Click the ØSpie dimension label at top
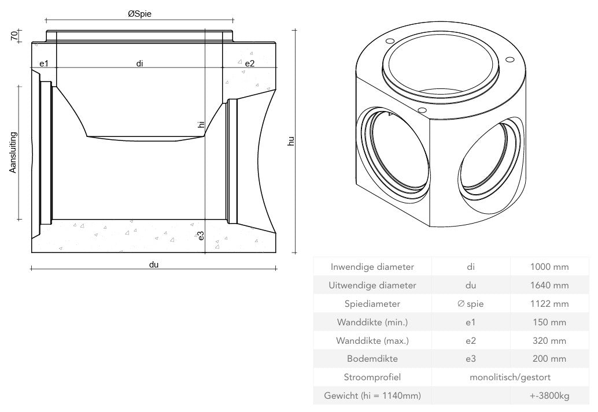click(139, 14)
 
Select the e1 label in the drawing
click(43, 63)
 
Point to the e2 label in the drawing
click(249, 63)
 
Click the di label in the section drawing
click(139, 63)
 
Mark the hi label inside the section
click(201, 124)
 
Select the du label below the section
click(153, 265)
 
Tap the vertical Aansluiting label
click(13, 153)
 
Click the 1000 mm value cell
click(549, 267)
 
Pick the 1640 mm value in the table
click(549, 285)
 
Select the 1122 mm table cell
click(549, 303)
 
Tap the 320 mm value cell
click(549, 340)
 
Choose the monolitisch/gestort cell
click(510, 377)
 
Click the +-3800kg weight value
click(549, 396)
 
